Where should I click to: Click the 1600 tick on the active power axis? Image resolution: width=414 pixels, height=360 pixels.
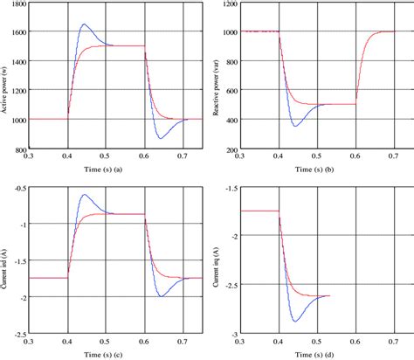[x=17, y=31]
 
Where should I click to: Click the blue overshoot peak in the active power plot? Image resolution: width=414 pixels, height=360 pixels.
[x=83, y=24]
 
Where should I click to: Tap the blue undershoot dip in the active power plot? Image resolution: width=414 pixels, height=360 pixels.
[x=161, y=138]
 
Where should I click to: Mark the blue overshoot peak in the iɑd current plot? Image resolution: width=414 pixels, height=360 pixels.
[x=83, y=195]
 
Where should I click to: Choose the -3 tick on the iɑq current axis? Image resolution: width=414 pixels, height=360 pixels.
[x=232, y=334]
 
